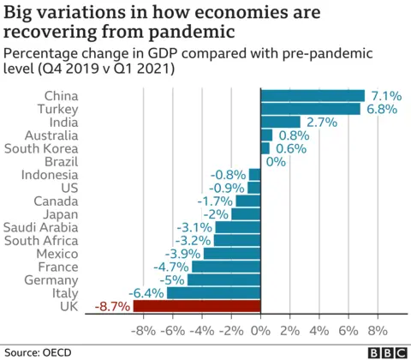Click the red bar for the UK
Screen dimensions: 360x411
pos(196,306)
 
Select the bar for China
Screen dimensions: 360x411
pos(313,95)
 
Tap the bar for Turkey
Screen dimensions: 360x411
pos(310,109)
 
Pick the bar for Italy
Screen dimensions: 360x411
pos(213,293)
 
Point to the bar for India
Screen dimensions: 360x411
pos(280,122)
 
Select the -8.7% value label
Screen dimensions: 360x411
pos(112,306)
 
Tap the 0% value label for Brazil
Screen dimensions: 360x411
pos(276,161)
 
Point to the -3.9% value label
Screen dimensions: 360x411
pos(182,254)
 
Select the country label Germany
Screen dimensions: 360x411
pos(52,280)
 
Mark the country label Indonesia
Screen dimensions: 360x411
pos(50,175)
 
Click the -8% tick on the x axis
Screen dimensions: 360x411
pos(143,331)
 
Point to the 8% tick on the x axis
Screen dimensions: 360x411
pos(377,331)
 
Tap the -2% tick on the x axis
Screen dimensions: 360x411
pos(230,331)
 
